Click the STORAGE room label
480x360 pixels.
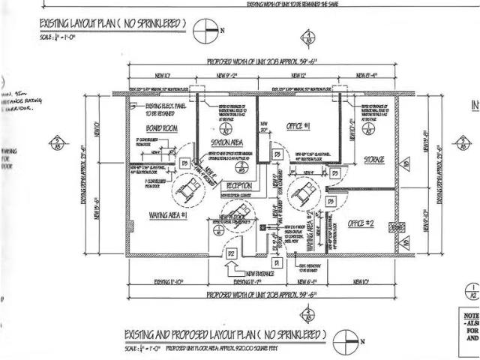click(373, 160)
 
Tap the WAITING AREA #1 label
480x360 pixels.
click(158, 215)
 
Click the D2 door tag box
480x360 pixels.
click(232, 255)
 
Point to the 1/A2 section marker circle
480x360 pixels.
click(472, 292)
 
